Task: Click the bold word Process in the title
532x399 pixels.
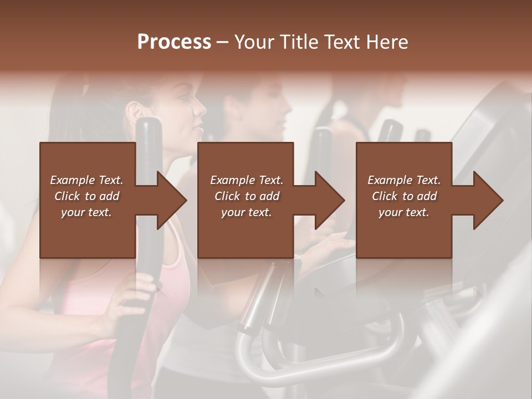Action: click(x=174, y=42)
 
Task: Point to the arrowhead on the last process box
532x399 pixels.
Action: click(x=488, y=200)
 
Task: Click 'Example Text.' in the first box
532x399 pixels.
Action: click(x=86, y=180)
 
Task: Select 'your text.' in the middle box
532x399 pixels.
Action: click(x=246, y=212)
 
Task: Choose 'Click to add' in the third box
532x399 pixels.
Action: click(x=404, y=196)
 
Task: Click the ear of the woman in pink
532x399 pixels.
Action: click(x=132, y=111)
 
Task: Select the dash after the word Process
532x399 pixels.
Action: click(x=223, y=42)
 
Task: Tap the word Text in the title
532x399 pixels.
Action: click(x=341, y=42)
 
